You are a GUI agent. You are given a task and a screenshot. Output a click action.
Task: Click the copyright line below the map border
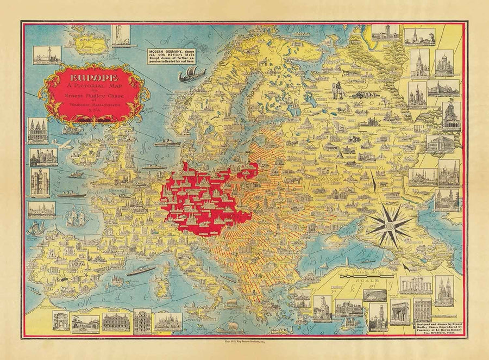pos(244,344)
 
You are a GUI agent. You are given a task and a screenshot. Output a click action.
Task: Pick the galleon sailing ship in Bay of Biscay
pos(77,218)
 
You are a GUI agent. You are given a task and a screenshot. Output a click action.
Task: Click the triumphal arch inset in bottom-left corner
pos(60,321)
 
